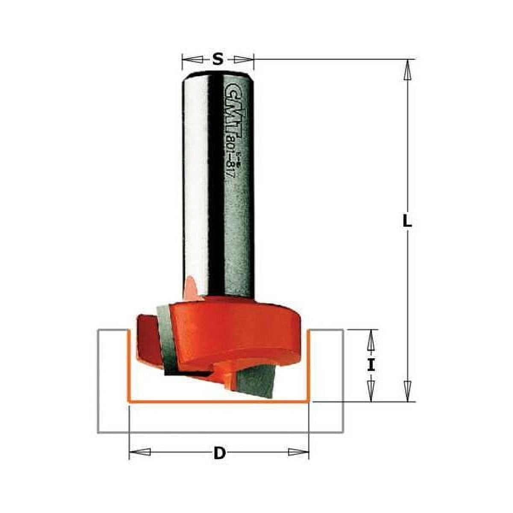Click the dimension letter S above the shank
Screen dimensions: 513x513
click(218, 59)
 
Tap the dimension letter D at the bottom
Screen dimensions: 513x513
click(219, 453)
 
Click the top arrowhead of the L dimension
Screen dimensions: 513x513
click(408, 69)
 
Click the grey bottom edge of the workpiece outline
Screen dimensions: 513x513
click(220, 432)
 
